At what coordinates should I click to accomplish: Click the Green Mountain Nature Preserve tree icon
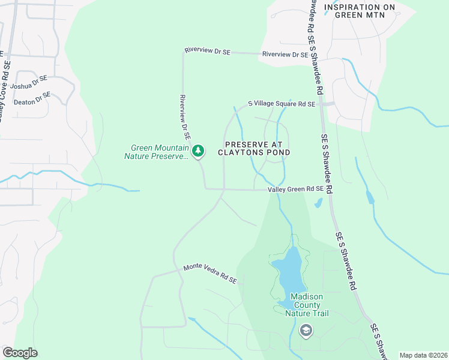click(x=199, y=151)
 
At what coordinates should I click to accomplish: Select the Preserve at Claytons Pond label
click(x=258, y=148)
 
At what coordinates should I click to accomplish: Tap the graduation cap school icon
click(x=306, y=330)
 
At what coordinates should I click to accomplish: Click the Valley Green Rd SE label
click(x=296, y=190)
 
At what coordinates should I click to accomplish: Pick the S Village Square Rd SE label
click(x=282, y=104)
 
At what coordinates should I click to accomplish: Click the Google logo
click(x=20, y=353)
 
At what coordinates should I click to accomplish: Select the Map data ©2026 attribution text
click(x=423, y=355)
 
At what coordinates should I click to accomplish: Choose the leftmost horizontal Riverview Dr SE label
click(x=208, y=52)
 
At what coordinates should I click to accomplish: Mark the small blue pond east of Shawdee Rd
click(x=369, y=197)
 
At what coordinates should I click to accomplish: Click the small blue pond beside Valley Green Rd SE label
click(x=318, y=203)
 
